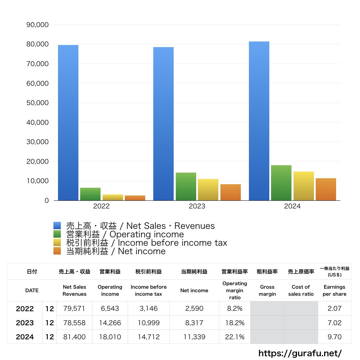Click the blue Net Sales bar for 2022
pos(68,123)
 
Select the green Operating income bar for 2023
pos(186,187)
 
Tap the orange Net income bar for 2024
pos(326,189)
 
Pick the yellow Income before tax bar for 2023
pos(208,190)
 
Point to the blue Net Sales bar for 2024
pos(259,121)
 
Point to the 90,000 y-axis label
pos(38,25)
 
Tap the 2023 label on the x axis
pos(197,206)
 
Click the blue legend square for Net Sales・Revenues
pos(57,226)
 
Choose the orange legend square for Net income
pos(57,251)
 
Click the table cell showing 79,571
pos(74,309)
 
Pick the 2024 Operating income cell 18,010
pos(110,337)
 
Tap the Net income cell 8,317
pos(194,323)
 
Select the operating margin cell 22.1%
pos(234,337)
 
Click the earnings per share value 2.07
pos(334,309)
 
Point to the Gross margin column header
pos(267,290)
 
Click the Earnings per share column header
pos(334,290)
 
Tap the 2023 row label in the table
pos(25,323)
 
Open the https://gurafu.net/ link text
pos(300,353)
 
